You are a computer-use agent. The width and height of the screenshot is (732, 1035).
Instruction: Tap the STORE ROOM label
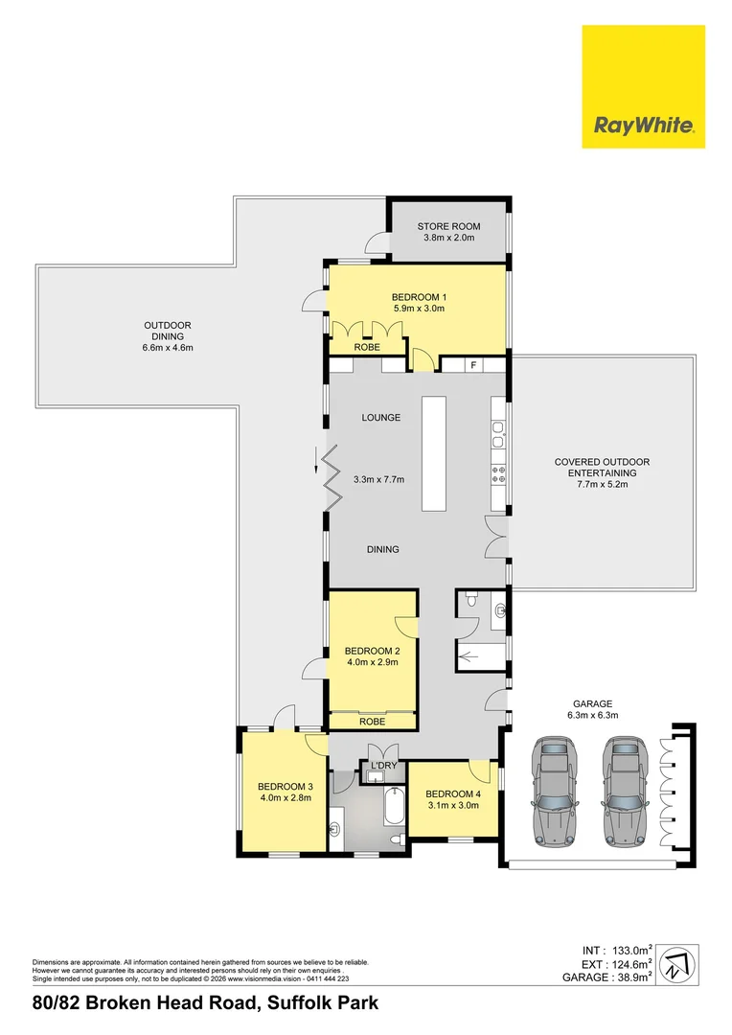448,226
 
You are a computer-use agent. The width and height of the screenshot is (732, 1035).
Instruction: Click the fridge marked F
472,364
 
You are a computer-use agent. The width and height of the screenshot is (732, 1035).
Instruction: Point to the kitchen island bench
435,456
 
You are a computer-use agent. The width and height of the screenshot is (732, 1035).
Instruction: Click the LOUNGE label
380,418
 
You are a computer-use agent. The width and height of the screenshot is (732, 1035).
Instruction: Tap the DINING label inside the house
382,549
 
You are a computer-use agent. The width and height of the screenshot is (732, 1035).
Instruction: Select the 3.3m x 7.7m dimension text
386,479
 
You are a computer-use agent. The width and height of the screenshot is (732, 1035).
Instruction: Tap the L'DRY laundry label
383,765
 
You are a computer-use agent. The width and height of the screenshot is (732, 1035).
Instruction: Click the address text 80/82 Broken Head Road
205,1003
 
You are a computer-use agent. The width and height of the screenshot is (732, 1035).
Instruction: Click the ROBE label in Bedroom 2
373,721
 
